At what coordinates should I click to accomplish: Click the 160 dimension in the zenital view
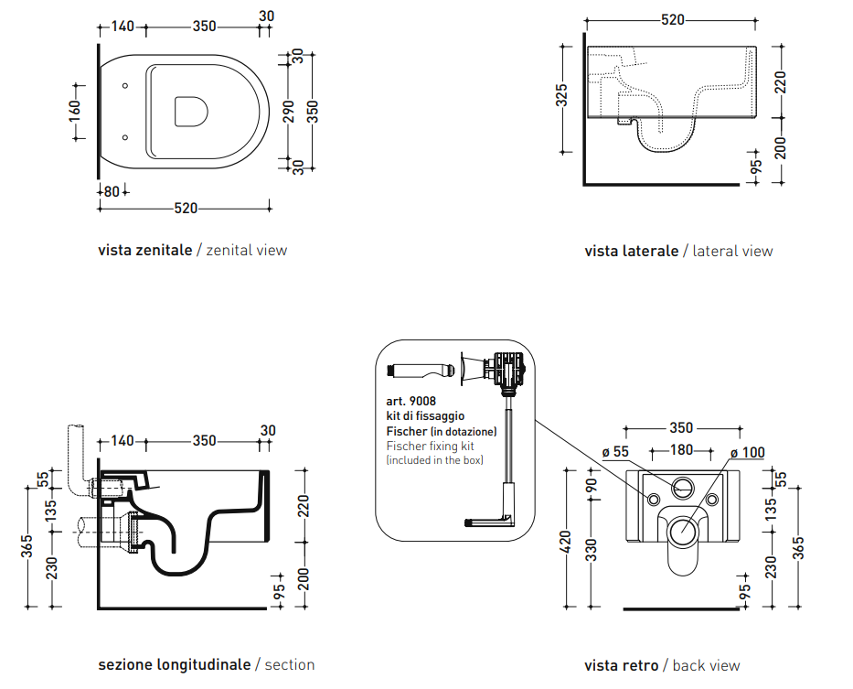pos(75,112)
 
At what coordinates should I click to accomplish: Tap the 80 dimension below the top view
pos(112,192)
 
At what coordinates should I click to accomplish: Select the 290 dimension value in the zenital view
pos(289,112)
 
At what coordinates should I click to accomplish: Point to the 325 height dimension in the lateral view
pos(562,95)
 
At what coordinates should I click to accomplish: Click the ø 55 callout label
pos(615,451)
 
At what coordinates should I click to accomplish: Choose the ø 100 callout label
pos(748,453)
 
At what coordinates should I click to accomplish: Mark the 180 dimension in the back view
pos(681,450)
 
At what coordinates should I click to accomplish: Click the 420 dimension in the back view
pos(566,542)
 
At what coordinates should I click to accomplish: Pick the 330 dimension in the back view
pos(592,550)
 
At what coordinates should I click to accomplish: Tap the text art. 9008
pos(411,402)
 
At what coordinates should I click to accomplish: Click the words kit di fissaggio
pos(425,416)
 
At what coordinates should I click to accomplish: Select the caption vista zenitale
pos(145,250)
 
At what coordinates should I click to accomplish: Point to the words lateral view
pos(732,251)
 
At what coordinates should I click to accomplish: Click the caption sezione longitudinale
pos(175,664)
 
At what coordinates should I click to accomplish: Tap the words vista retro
pos(622,665)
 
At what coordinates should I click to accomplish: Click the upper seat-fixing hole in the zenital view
pos(125,86)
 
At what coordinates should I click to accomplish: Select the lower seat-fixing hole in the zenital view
pos(125,138)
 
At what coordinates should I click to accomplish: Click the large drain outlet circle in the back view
pos(683,530)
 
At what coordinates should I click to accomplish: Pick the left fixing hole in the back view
pos(654,499)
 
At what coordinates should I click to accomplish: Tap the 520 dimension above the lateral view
pos(672,20)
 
